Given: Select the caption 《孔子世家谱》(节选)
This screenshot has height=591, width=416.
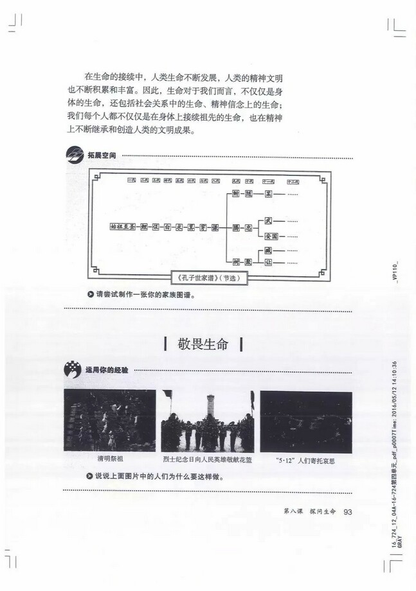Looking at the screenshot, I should (x=210, y=278).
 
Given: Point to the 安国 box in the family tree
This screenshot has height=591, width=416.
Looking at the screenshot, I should (x=269, y=236).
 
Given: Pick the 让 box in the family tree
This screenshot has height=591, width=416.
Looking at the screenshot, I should (x=269, y=262).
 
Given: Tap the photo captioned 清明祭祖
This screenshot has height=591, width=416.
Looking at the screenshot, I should (x=109, y=421).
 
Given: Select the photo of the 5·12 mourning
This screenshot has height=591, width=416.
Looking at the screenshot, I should (x=305, y=421).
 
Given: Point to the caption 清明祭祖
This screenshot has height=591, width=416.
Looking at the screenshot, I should (x=109, y=459).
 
